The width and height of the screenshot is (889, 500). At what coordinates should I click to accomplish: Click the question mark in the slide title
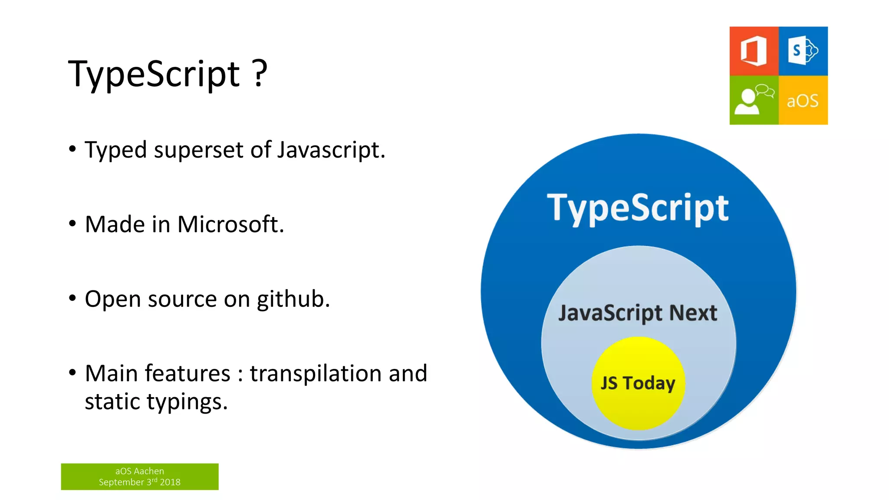point(260,73)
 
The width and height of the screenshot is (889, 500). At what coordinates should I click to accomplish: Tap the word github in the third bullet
point(293,299)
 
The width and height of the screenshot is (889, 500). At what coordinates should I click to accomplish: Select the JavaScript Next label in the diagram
point(637,313)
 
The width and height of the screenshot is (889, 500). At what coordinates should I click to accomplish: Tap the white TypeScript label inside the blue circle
point(637,208)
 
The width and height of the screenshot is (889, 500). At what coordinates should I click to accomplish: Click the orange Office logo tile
point(754,51)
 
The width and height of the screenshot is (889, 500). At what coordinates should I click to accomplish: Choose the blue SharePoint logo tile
point(803,51)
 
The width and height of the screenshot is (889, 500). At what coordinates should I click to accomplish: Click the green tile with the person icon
point(754,100)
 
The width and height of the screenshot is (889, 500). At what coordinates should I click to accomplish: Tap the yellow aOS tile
point(803,100)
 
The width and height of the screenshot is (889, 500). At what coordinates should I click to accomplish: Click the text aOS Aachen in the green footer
point(139,471)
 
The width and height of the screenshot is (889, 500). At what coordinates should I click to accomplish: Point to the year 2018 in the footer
point(170,482)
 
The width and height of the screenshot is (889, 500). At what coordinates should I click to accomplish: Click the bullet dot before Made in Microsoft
point(72,224)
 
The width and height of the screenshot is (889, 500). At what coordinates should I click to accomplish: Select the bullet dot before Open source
point(72,299)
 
